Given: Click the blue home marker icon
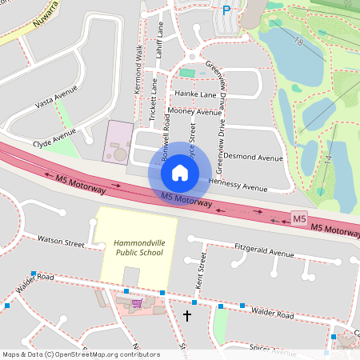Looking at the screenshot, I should point(180,172).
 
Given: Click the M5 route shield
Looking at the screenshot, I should point(299,218).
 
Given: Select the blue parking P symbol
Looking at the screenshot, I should point(226,10).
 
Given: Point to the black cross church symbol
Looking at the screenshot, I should point(188,315).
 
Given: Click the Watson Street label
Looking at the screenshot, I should point(62,240).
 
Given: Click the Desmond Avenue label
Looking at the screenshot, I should point(253,158).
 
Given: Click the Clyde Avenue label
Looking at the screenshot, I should point(54,145).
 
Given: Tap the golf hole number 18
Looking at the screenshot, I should point(298,41).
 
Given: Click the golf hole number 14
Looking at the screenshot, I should point(327,159).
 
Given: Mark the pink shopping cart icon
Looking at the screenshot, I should point(136,303).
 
